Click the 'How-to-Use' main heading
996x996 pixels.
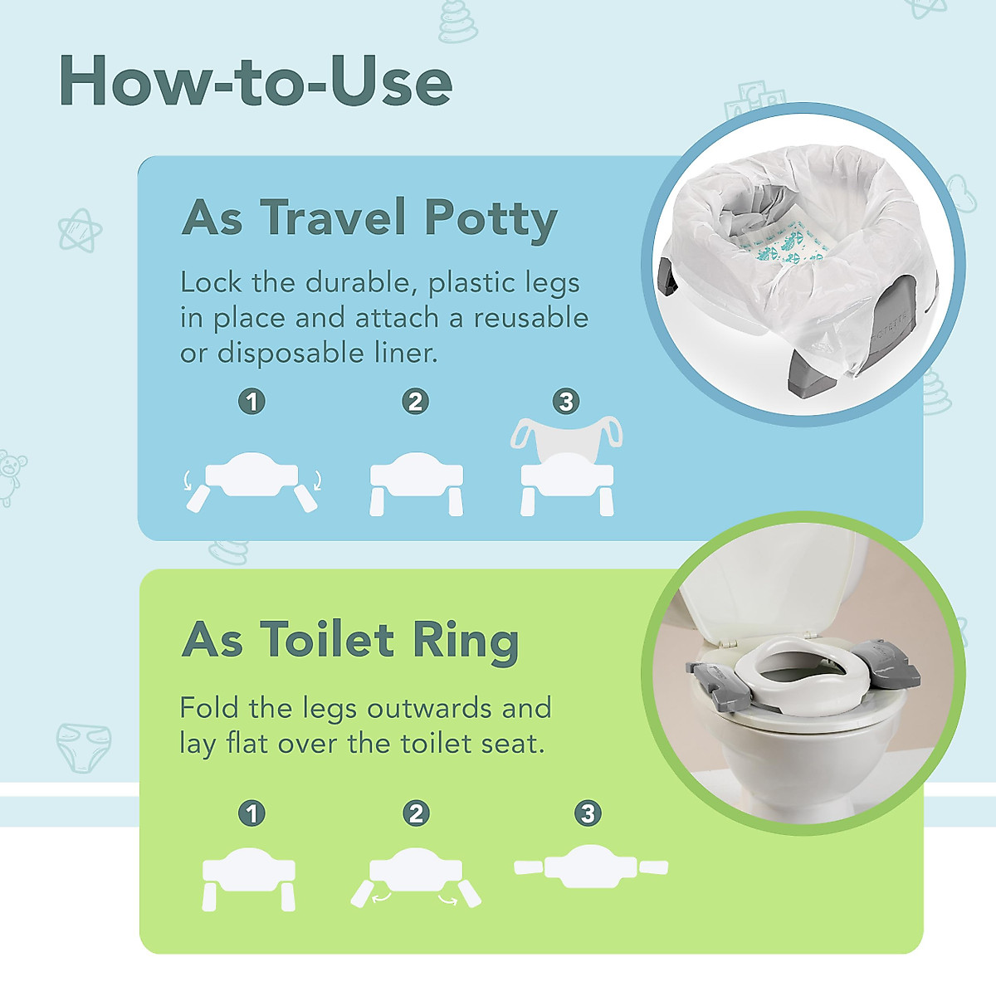tap(256, 81)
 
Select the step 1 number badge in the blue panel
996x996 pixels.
tap(251, 402)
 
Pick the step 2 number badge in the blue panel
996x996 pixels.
tap(415, 402)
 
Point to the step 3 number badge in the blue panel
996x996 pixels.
tap(566, 402)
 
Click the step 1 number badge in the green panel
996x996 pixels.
tap(251, 813)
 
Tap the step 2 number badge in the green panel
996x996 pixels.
tap(416, 813)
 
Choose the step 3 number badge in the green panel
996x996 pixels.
tap(588, 813)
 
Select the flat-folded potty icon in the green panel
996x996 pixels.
tap(591, 867)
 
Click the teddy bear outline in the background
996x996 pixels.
tap(11, 477)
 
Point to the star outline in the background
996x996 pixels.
tap(80, 230)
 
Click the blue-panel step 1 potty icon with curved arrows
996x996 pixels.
tap(251, 481)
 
